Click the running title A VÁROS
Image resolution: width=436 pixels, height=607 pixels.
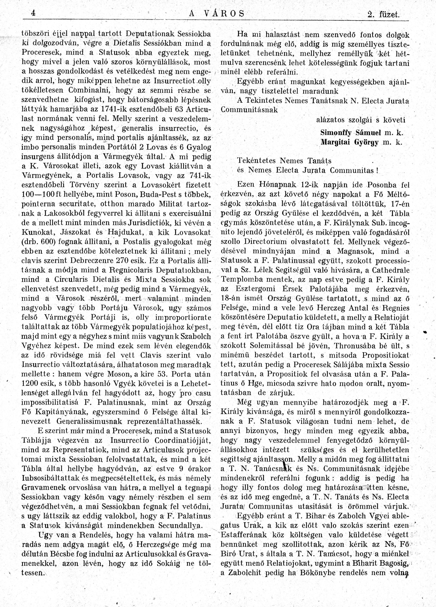tap(217, 13)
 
